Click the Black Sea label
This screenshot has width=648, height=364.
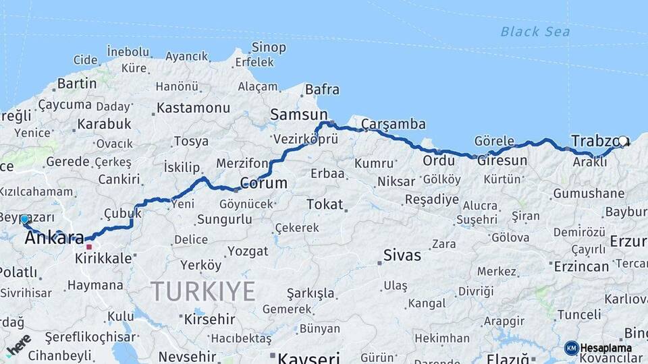coord(535,32)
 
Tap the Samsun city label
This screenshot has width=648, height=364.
coord(298,115)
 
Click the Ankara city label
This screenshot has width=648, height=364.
coord(54,237)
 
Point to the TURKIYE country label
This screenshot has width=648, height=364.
coord(202,291)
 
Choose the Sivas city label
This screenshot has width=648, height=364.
coord(402,255)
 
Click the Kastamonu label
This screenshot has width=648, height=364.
coord(194,108)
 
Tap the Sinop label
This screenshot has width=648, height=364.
coord(269,47)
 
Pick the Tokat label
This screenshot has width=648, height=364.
coord(325,204)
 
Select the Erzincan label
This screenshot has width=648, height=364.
coord(580,266)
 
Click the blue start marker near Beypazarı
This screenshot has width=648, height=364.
coord(24,219)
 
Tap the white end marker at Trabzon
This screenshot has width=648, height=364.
coord(623,142)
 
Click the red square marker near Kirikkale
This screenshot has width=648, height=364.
coord(88,247)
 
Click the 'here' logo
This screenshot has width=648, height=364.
coord(18,344)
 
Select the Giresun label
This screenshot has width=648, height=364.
coord(502,161)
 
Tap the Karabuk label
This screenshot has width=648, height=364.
coord(104,124)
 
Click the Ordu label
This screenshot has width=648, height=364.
coord(439,160)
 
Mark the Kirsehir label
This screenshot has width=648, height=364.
coord(209,318)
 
